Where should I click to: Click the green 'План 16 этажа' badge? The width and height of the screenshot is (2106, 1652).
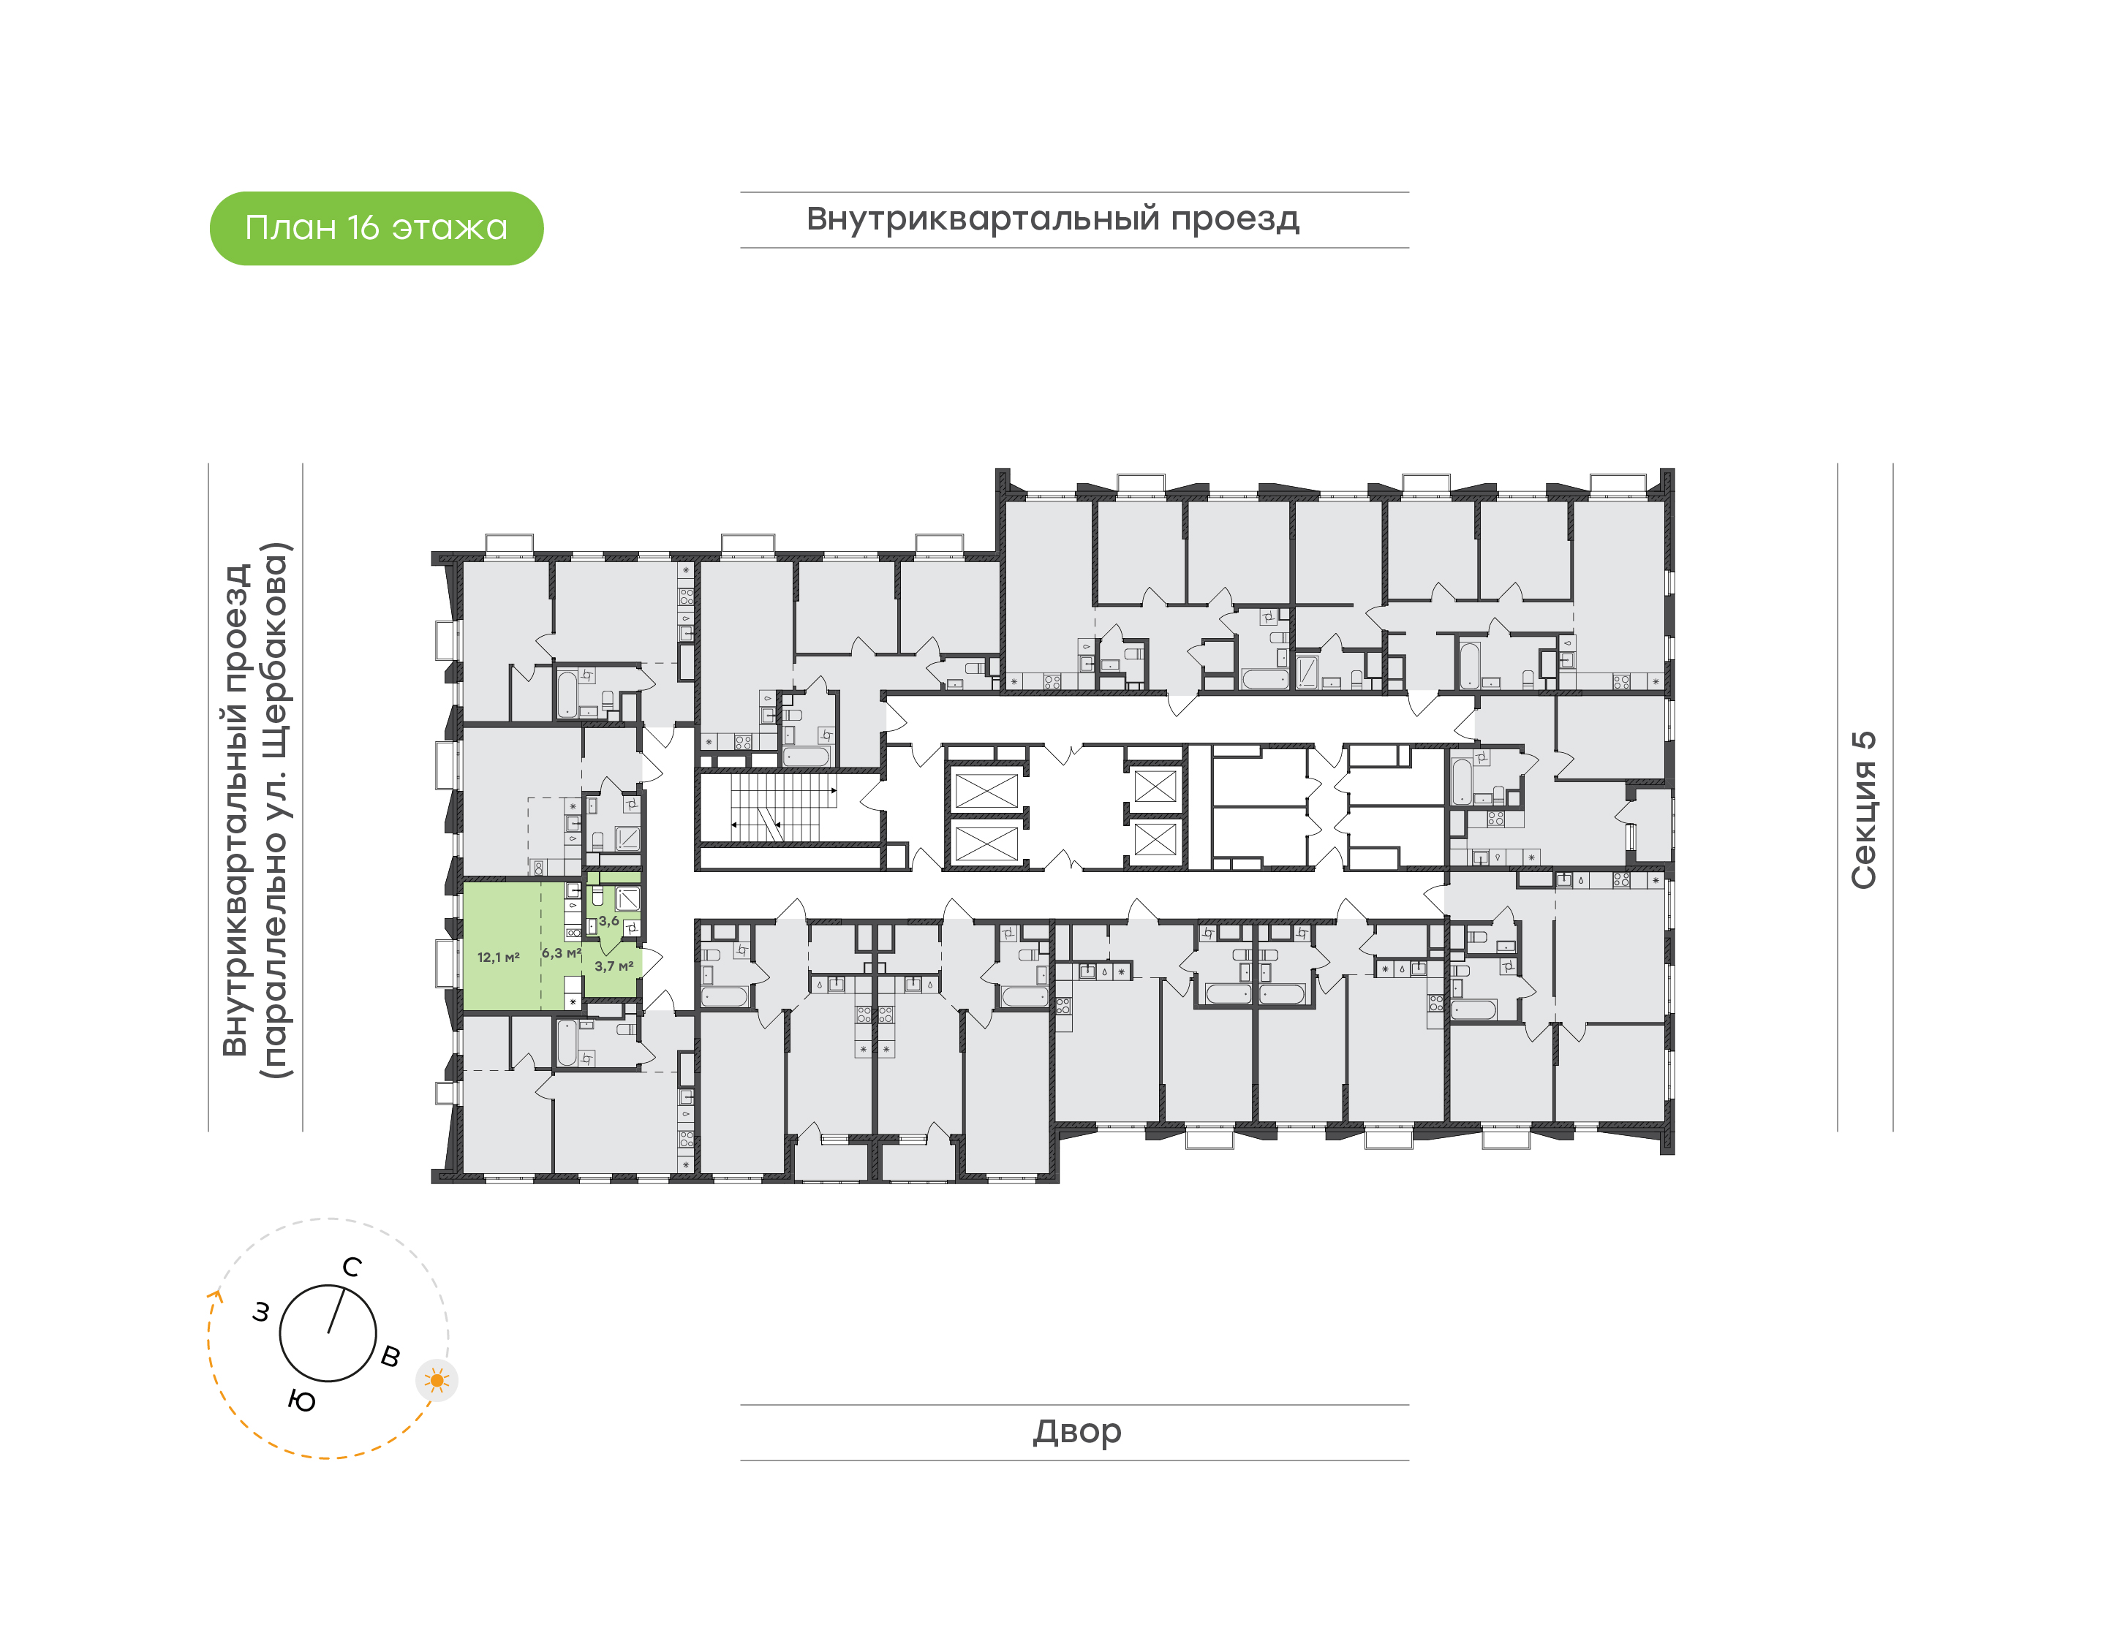coord(377,228)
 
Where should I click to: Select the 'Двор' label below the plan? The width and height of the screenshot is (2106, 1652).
coord(1076,1431)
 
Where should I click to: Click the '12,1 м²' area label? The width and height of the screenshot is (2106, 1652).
coord(498,958)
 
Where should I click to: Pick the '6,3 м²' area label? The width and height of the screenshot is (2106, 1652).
coord(561,952)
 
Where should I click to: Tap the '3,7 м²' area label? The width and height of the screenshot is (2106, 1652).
coord(614,966)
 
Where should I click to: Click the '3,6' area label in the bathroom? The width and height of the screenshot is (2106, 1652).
coord(608,921)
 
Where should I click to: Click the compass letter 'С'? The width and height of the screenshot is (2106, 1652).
coord(352,1267)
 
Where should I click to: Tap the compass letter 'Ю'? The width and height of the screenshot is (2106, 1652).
coord(302,1401)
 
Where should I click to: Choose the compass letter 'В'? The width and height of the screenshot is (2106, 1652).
coord(390,1356)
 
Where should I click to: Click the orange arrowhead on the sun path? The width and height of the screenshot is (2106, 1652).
coord(216,1297)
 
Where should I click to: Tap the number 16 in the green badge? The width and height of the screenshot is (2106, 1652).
coord(363,228)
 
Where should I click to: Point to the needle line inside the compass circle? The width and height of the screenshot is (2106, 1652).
coord(336,1310)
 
